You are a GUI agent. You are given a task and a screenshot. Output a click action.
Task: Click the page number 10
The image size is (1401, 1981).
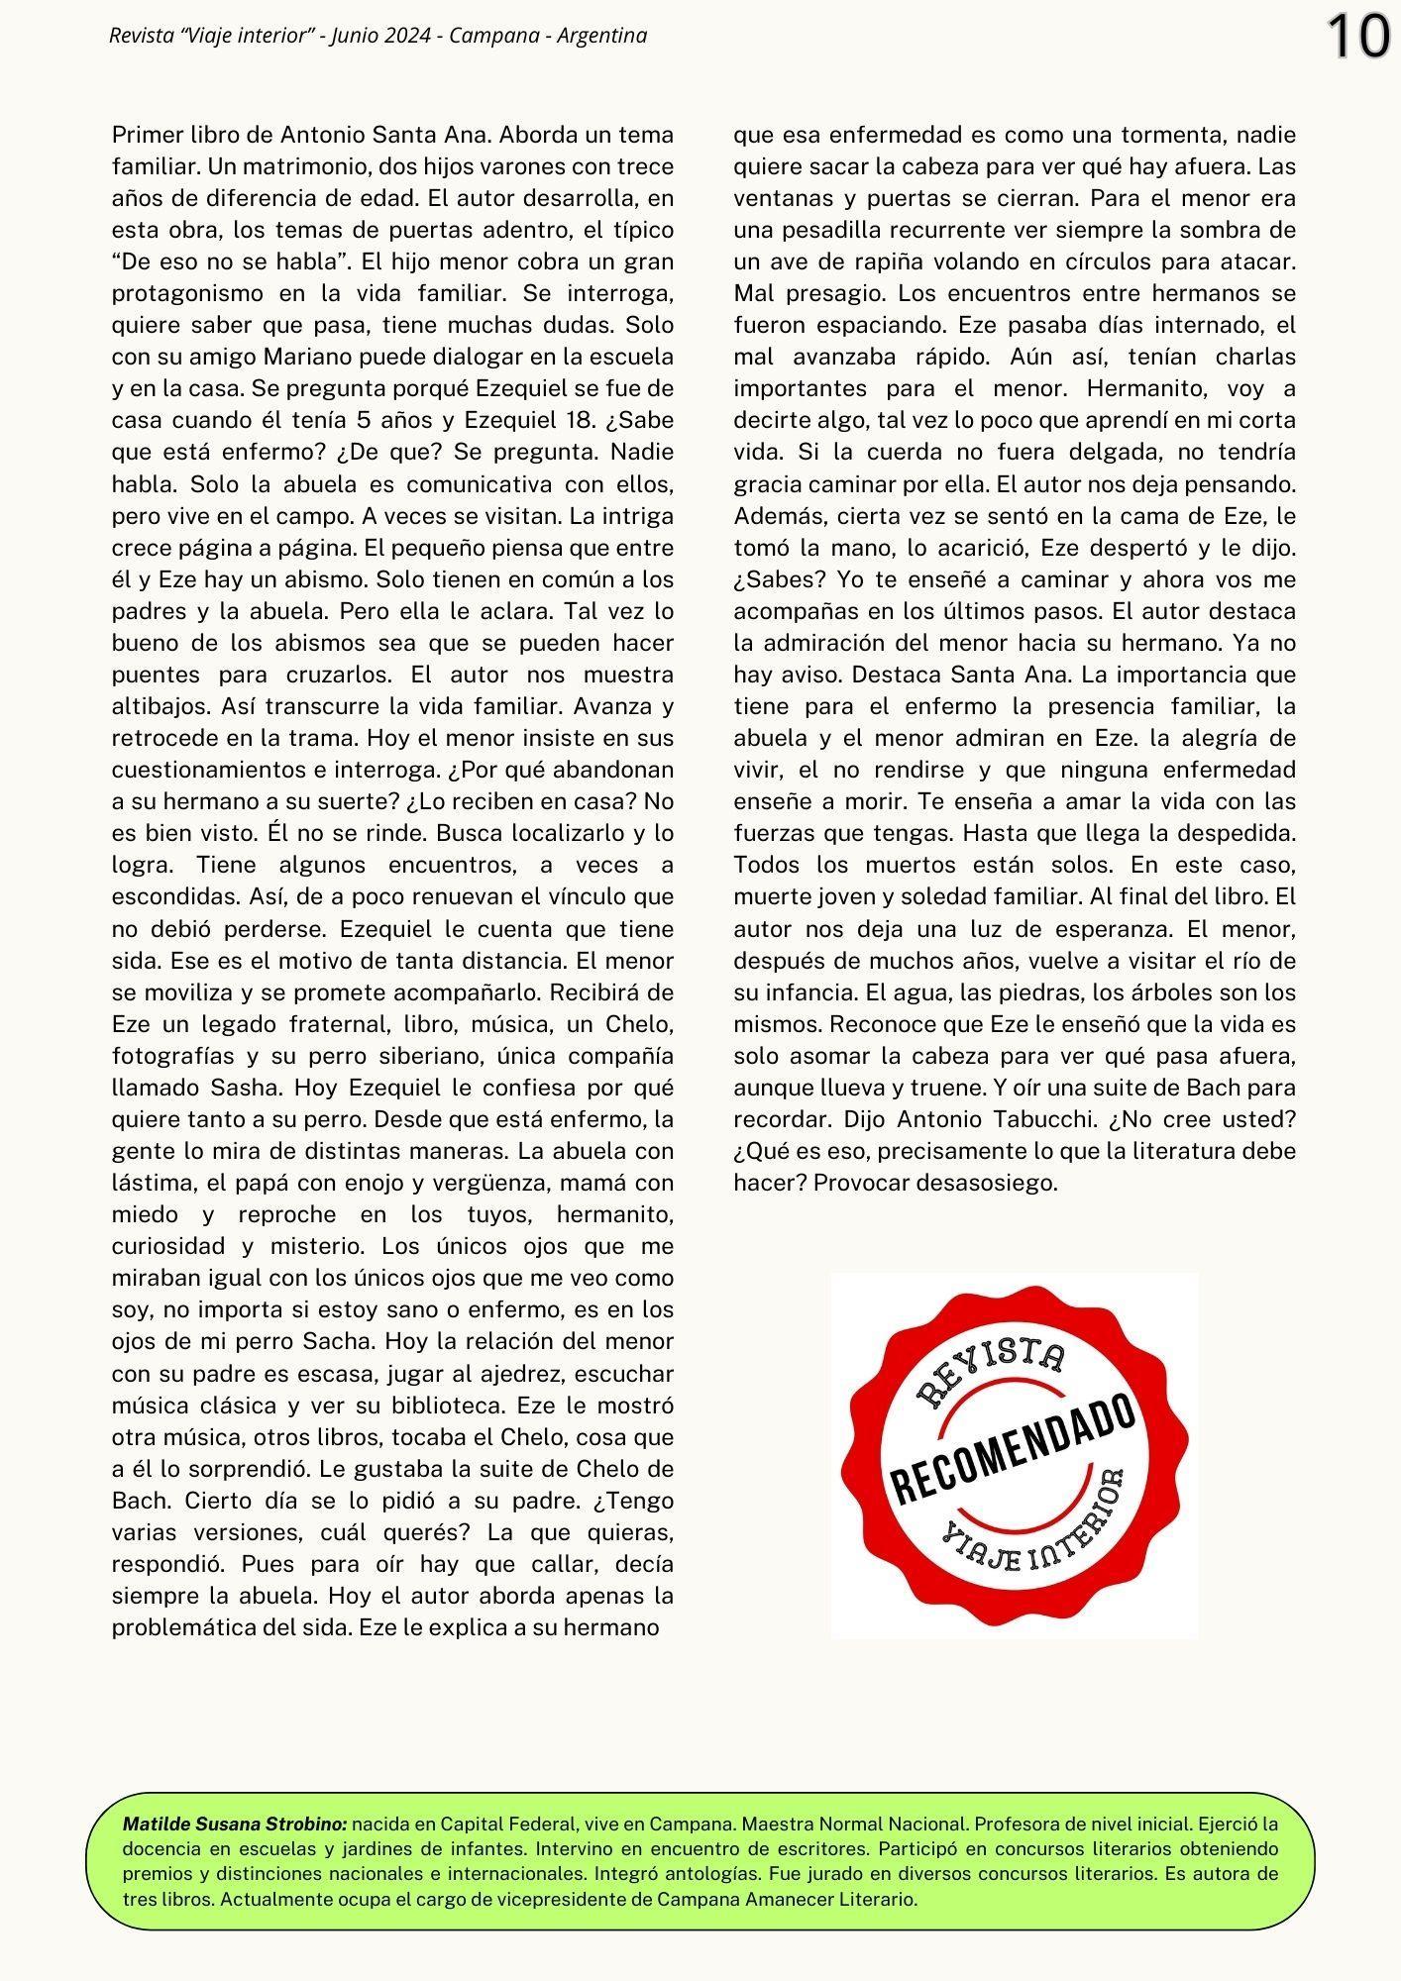tap(1358, 38)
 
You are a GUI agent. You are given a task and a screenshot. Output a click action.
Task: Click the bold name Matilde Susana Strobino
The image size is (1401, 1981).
tap(235, 1824)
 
